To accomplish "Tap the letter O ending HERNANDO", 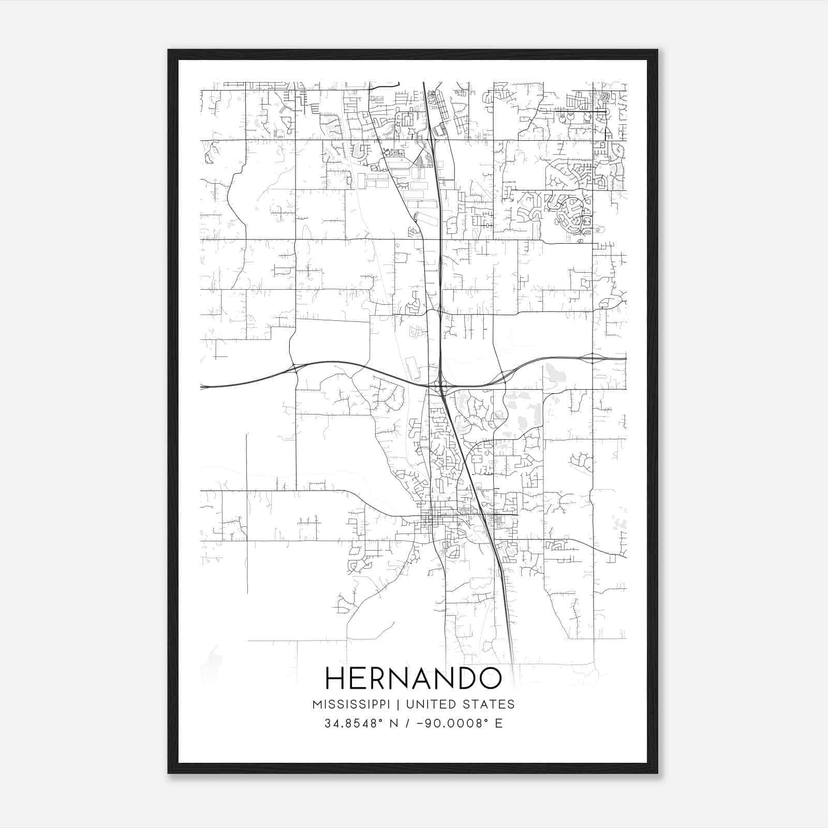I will [x=490, y=678].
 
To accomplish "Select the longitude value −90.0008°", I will [x=451, y=723].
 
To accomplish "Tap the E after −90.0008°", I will [x=499, y=723].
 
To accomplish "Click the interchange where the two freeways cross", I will [x=441, y=386].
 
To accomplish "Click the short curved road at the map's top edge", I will [x=386, y=85].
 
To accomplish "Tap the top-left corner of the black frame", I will [x=169, y=51].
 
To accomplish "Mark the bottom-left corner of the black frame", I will [x=169, y=772].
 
